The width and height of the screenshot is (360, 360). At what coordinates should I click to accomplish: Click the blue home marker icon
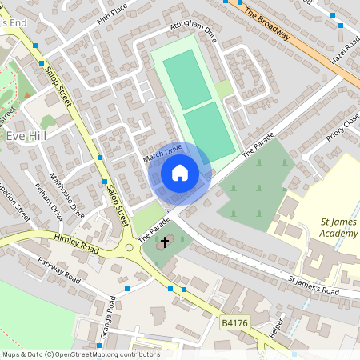(x=180, y=172)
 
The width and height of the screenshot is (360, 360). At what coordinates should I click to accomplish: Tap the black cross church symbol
(x=165, y=241)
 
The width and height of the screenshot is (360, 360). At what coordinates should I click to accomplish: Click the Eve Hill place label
(x=27, y=136)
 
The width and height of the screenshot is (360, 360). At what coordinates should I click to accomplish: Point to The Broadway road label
(x=271, y=27)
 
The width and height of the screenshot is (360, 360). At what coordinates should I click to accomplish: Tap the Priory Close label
(x=343, y=128)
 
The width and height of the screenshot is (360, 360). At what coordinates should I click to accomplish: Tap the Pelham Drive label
(x=48, y=202)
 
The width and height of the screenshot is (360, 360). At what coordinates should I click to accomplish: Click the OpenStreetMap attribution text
(x=80, y=354)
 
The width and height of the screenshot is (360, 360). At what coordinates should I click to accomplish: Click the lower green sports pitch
(x=210, y=130)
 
